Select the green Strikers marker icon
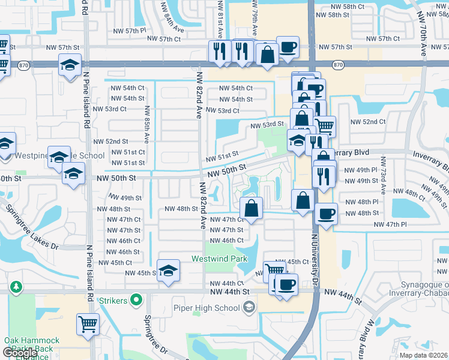137,298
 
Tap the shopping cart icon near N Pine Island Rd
88,323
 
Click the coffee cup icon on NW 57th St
288,46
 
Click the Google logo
20,353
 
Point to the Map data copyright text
423,355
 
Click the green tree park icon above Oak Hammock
15,287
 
